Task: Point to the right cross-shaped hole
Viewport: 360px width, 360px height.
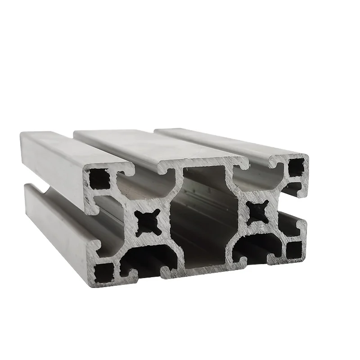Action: tap(258, 210)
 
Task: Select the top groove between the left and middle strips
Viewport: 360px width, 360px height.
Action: tap(103, 153)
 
